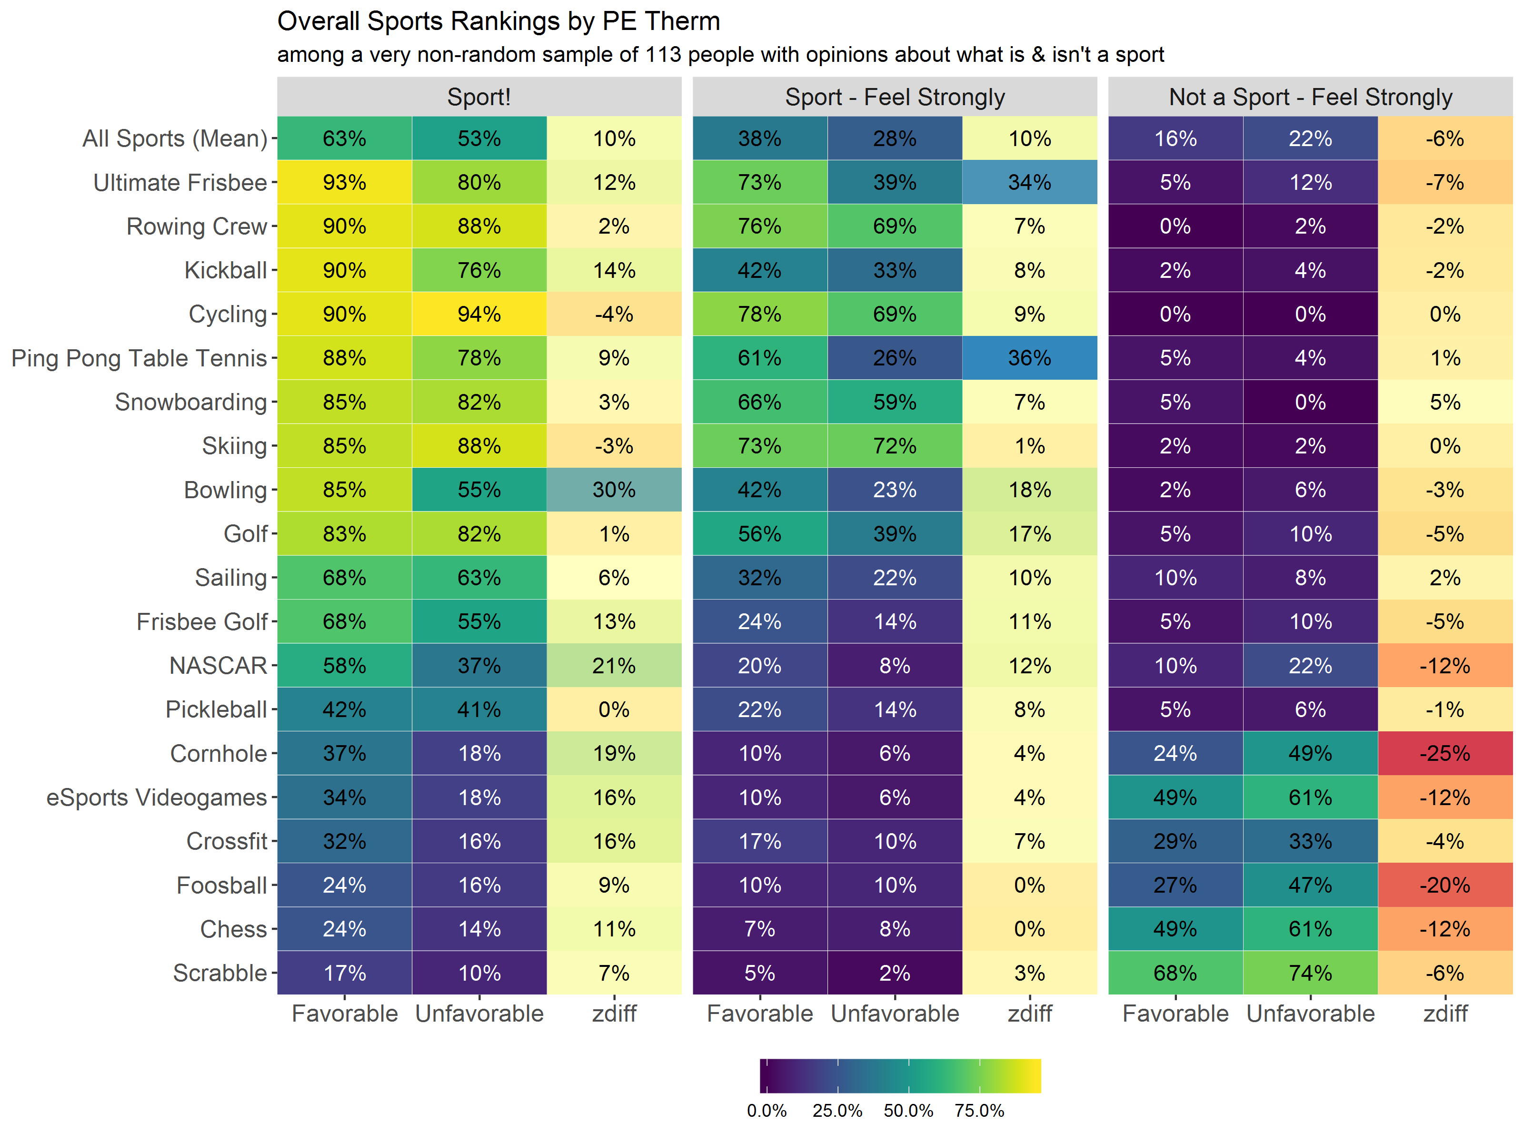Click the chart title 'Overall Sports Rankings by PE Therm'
498,22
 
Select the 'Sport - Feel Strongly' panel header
894,97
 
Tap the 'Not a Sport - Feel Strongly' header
1310,97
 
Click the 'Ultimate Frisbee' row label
180,183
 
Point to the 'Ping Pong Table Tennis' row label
139,358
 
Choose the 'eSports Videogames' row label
156,797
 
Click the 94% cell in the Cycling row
479,314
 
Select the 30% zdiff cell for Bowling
614,490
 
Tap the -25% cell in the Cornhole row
1445,754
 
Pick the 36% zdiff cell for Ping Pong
1029,358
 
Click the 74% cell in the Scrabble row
1310,973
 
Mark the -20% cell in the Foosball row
1445,885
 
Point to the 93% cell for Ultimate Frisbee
345,183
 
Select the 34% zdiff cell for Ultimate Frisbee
1029,183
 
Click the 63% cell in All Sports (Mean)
345,138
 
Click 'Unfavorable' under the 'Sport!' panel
479,1014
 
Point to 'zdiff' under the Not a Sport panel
1445,1014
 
